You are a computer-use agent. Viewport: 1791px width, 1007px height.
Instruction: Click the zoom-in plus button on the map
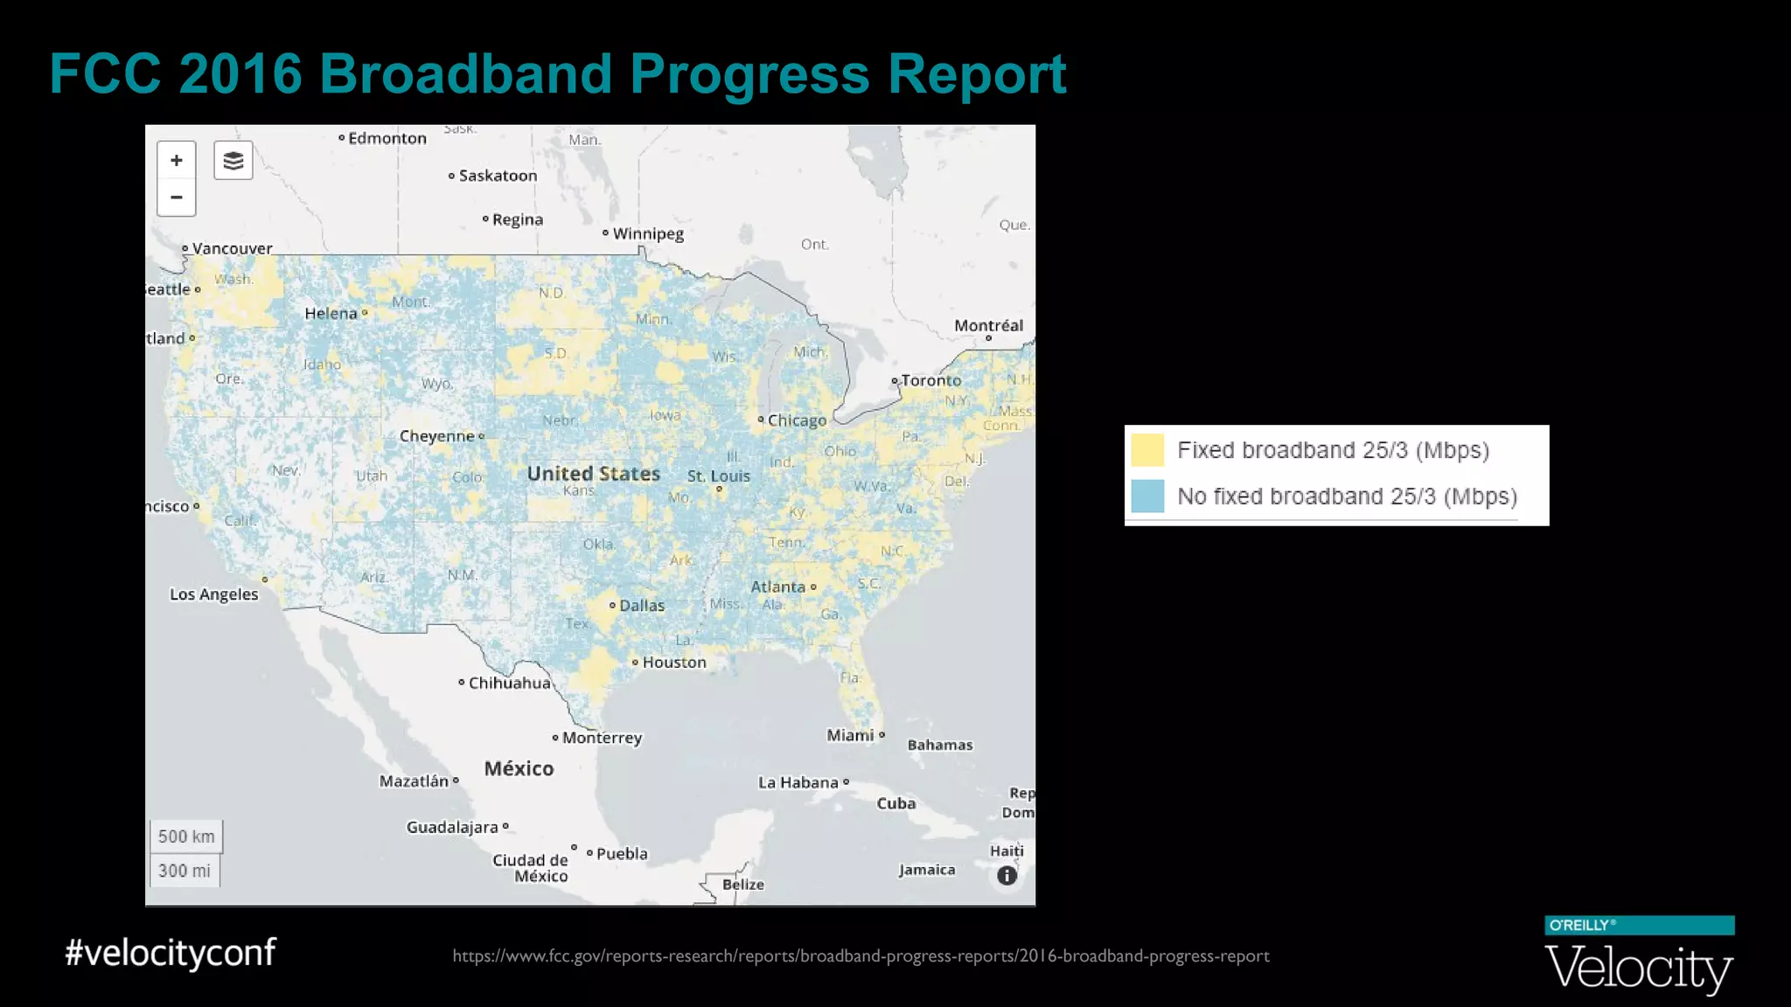pyautogui.click(x=177, y=161)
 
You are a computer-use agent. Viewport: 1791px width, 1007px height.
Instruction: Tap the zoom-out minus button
pyautogui.click(x=177, y=198)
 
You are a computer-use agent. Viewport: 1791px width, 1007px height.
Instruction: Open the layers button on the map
pyautogui.click(x=233, y=161)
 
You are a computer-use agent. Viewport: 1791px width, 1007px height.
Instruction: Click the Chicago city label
pyautogui.click(x=797, y=420)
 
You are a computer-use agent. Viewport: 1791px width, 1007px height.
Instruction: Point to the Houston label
pyautogui.click(x=673, y=663)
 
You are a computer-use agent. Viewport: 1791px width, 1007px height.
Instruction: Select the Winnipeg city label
pyautogui.click(x=648, y=233)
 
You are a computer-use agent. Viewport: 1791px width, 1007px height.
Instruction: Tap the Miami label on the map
pyautogui.click(x=851, y=735)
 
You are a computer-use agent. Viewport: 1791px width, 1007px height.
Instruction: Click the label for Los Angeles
pyautogui.click(x=214, y=594)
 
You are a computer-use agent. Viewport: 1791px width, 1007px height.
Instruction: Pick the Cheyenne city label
pyautogui.click(x=437, y=436)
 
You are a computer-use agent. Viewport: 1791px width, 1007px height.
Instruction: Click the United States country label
pyautogui.click(x=593, y=474)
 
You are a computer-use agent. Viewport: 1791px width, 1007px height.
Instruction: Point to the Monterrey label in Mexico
pyautogui.click(x=602, y=738)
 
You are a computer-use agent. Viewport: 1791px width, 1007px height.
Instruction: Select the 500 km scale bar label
pyautogui.click(x=186, y=837)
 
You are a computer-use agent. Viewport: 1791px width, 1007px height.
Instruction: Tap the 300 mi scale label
pyautogui.click(x=185, y=871)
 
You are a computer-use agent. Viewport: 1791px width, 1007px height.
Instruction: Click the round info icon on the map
pyautogui.click(x=1007, y=875)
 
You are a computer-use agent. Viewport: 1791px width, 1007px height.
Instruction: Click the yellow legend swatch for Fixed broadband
pyautogui.click(x=1147, y=450)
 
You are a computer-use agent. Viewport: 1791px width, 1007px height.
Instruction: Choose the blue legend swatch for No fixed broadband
pyautogui.click(x=1147, y=497)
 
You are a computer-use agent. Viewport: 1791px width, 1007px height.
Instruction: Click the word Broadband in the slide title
pyautogui.click(x=465, y=73)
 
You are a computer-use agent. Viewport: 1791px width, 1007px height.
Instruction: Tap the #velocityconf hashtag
pyautogui.click(x=171, y=952)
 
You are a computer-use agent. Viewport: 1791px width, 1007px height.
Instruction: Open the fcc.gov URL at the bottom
pyautogui.click(x=861, y=956)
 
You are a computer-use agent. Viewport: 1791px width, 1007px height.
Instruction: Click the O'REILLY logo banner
pyautogui.click(x=1639, y=926)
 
